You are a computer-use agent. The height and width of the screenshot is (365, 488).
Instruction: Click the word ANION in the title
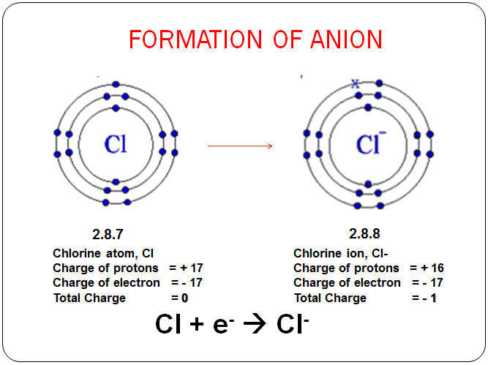pyautogui.click(x=346, y=39)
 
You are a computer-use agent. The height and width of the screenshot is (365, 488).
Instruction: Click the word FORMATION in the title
pyautogui.click(x=195, y=39)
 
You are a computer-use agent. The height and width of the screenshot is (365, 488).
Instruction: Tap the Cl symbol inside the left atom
pyautogui.click(x=116, y=144)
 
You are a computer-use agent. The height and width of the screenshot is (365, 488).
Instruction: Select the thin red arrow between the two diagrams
pyautogui.click(x=240, y=146)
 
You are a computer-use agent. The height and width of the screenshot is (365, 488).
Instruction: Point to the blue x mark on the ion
pyautogui.click(x=355, y=83)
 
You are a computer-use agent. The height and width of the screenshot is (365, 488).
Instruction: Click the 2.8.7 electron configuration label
pyautogui.click(x=108, y=234)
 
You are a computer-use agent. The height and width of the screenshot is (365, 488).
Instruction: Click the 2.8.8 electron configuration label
pyautogui.click(x=364, y=233)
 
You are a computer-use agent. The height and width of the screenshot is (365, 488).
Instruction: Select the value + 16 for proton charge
pyautogui.click(x=432, y=268)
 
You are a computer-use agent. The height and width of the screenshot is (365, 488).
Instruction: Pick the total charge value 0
pyautogui.click(x=184, y=298)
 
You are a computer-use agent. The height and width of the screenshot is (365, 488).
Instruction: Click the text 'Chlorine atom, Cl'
pyautogui.click(x=103, y=254)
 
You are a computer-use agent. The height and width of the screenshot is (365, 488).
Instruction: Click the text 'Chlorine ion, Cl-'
pyautogui.click(x=340, y=254)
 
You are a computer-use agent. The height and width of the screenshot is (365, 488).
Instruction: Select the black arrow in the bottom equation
pyautogui.click(x=255, y=324)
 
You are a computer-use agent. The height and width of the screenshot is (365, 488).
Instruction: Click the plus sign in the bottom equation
pyautogui.click(x=197, y=324)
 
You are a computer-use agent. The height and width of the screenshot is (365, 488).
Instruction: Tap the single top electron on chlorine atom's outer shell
pyautogui.click(x=116, y=84)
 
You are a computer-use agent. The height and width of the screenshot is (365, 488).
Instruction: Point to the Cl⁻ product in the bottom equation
pyautogui.click(x=293, y=323)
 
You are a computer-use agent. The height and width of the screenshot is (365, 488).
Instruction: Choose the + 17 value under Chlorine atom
pyautogui.click(x=192, y=268)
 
